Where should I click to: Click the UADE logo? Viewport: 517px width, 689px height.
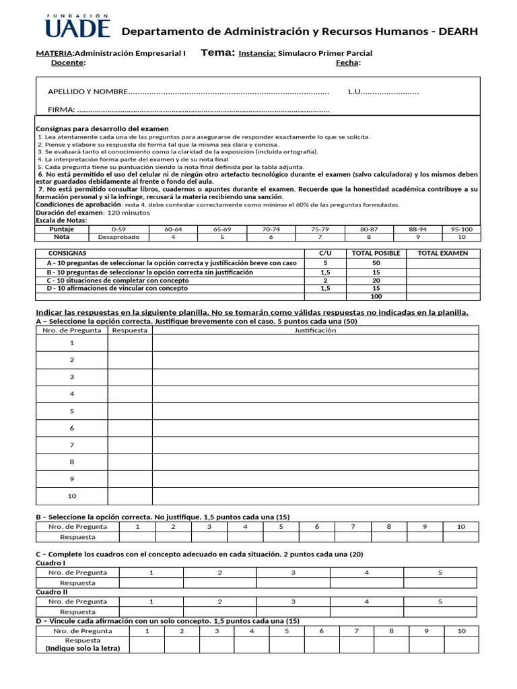tap(77, 25)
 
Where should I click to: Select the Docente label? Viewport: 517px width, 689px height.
tap(68, 63)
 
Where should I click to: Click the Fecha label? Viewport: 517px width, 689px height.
tap(348, 63)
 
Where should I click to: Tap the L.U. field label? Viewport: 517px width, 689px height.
tap(355, 92)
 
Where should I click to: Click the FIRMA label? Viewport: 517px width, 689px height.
tap(61, 110)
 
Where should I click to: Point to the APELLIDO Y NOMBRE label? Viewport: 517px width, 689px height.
tap(87, 92)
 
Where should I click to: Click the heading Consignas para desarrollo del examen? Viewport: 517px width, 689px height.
tap(102, 129)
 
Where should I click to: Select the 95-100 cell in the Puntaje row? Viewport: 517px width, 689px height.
tap(462, 229)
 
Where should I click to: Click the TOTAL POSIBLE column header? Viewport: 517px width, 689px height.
tap(376, 253)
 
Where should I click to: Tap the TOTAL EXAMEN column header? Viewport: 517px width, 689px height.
tap(442, 253)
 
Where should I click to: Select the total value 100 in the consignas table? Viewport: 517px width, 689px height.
tap(376, 296)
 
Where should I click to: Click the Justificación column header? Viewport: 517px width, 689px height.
tap(315, 330)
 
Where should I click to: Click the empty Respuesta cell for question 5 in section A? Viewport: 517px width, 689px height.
tap(130, 411)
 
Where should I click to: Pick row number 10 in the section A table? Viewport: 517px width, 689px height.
tap(72, 496)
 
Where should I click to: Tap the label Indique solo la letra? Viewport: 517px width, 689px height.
tap(82, 649)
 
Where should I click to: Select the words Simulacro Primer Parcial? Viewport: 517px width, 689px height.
tap(324, 53)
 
